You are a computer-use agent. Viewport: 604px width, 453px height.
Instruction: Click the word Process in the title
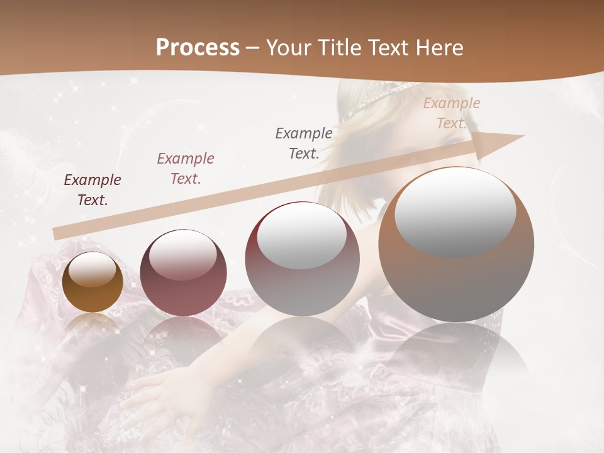(x=198, y=47)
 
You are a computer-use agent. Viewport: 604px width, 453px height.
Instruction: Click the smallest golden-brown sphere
(x=92, y=282)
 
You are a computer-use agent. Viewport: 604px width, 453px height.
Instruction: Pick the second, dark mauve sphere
(x=183, y=273)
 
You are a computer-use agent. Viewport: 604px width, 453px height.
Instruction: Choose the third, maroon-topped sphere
(x=302, y=259)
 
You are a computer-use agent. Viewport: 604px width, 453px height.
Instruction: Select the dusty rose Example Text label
(x=186, y=169)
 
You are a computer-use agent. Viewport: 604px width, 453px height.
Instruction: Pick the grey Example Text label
(x=304, y=143)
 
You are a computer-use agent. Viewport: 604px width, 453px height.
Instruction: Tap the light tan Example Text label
(x=452, y=113)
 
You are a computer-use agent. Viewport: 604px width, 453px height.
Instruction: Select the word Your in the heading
(x=288, y=48)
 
